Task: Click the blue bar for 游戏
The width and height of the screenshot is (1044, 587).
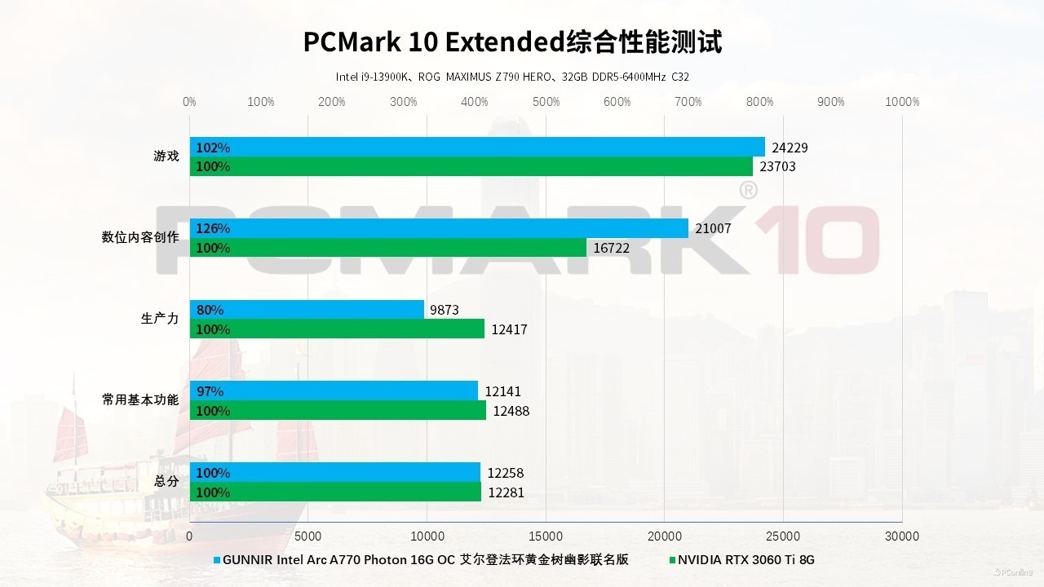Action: pyautogui.click(x=477, y=147)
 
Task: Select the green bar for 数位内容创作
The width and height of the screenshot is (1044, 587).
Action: pyautogui.click(x=388, y=248)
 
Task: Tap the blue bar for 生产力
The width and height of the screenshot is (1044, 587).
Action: pyautogui.click(x=307, y=310)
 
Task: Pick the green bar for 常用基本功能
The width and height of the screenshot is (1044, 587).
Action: pyautogui.click(x=338, y=411)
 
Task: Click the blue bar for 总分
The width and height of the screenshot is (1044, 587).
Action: pyautogui.click(x=335, y=473)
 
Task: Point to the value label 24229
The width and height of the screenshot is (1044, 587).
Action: pyautogui.click(x=790, y=148)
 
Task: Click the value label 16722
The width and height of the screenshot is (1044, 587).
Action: pyautogui.click(x=611, y=248)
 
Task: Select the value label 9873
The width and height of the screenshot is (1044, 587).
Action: pyautogui.click(x=445, y=310)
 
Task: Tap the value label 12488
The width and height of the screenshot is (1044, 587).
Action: pyautogui.click(x=511, y=411)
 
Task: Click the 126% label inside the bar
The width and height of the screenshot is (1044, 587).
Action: pyautogui.click(x=213, y=228)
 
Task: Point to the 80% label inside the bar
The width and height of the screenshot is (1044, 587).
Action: pyautogui.click(x=210, y=310)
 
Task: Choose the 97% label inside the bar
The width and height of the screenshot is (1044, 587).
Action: pyautogui.click(x=210, y=391)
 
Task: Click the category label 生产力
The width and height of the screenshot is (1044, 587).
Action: pyautogui.click(x=160, y=319)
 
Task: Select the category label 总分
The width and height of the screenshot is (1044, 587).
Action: pyautogui.click(x=166, y=481)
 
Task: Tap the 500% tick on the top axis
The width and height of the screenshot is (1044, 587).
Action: pyautogui.click(x=546, y=102)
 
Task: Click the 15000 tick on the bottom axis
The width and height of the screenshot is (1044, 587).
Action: pyautogui.click(x=546, y=536)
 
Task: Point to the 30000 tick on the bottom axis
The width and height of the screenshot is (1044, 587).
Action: pyautogui.click(x=902, y=536)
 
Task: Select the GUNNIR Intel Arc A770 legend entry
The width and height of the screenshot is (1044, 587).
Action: pyautogui.click(x=424, y=560)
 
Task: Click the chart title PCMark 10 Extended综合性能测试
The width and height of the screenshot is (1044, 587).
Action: pyautogui.click(x=512, y=42)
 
